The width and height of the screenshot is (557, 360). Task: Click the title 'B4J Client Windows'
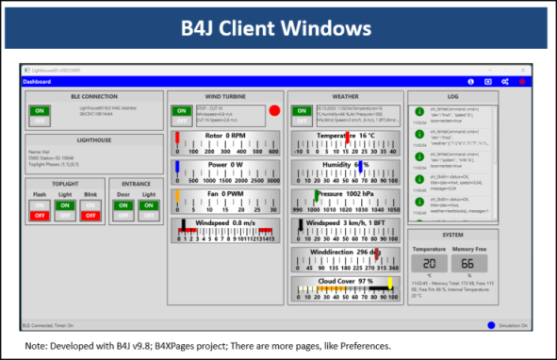point(277,27)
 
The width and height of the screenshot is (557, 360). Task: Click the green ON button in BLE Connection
point(40,110)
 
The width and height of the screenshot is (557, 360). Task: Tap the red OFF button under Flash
point(40,216)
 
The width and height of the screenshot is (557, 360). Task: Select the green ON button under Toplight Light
point(66,204)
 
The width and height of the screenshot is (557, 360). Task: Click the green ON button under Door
point(123,204)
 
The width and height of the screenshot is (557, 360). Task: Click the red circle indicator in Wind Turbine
point(275,111)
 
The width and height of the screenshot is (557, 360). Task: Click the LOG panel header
point(453,96)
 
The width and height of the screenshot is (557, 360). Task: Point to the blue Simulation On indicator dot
point(492,325)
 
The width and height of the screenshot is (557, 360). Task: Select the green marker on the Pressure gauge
point(317,196)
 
